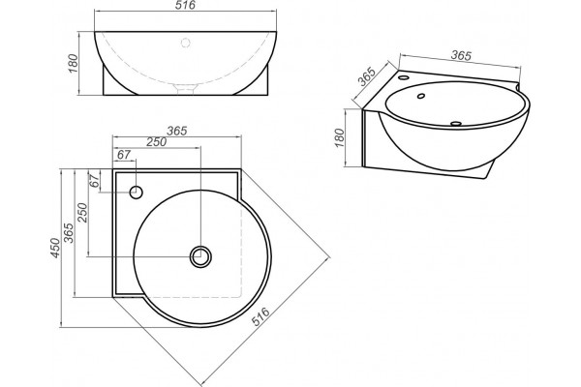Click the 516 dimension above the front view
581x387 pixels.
[185, 5]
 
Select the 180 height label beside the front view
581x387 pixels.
[74, 63]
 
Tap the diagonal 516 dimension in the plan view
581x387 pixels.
[260, 316]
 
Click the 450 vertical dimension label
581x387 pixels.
[55, 248]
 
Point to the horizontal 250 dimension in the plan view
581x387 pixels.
[156, 142]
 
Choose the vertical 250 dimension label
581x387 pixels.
[82, 212]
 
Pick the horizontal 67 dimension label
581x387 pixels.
[124, 155]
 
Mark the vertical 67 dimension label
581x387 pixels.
[95, 181]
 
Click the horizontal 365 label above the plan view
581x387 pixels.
[177, 131]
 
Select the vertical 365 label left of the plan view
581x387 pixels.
[69, 232]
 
